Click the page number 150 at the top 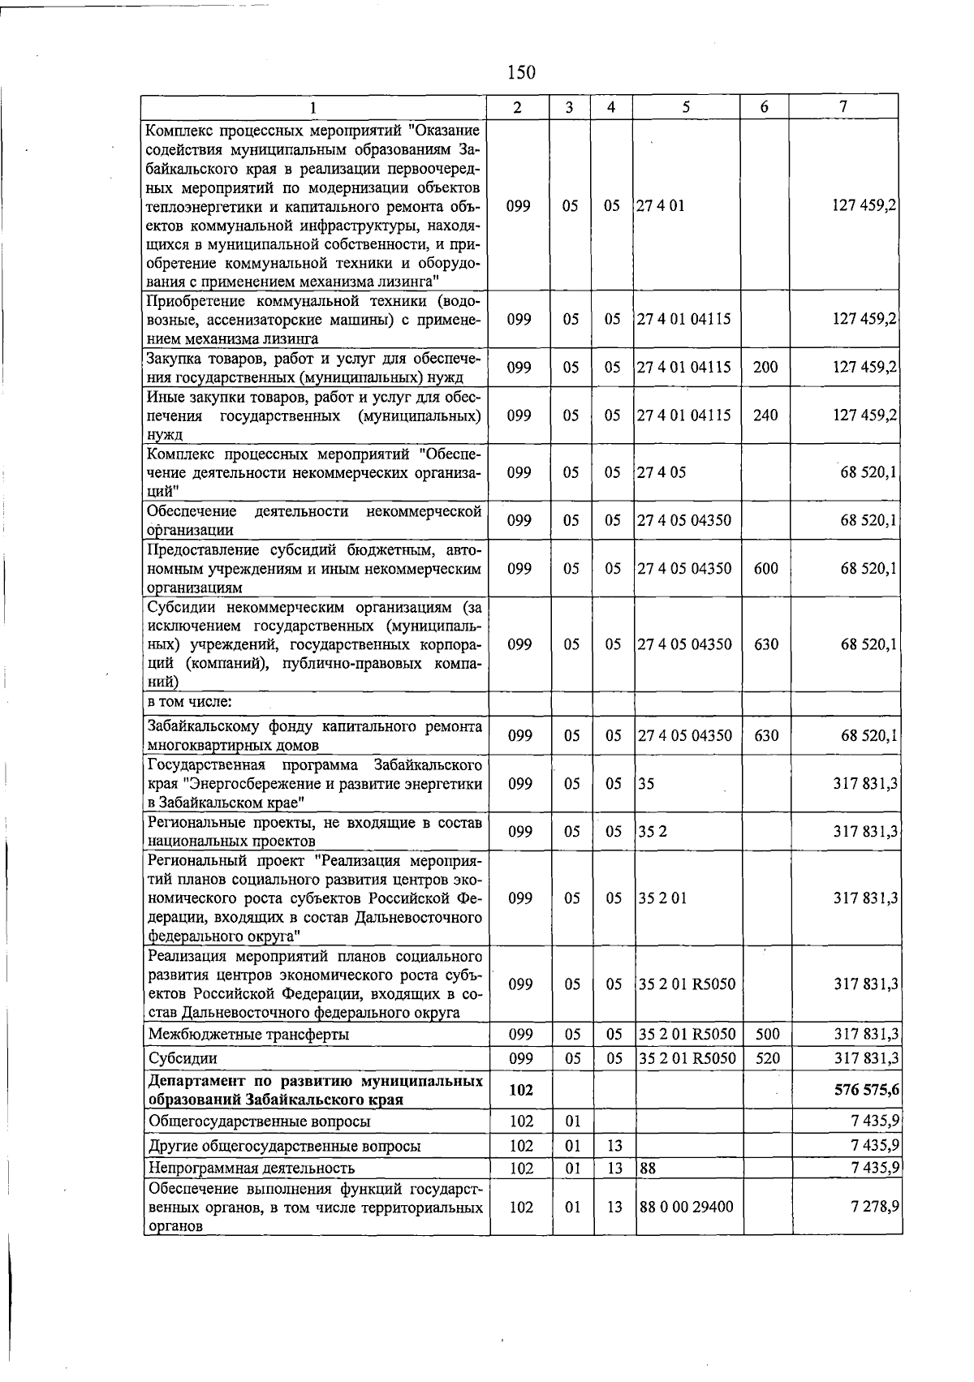[x=521, y=72]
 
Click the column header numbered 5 [x=686, y=107]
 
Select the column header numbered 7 [x=844, y=107]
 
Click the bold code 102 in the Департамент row [x=520, y=1091]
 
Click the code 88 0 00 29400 [x=686, y=1207]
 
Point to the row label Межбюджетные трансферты [x=249, y=1035]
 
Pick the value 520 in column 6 [x=766, y=1059]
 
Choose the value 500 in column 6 [x=766, y=1035]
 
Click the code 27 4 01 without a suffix [x=661, y=205]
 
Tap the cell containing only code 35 [x=646, y=784]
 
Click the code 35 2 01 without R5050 [x=662, y=898]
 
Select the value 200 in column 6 [x=765, y=368]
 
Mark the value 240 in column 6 [x=765, y=415]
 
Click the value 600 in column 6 [x=765, y=569]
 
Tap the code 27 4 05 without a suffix [x=662, y=472]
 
